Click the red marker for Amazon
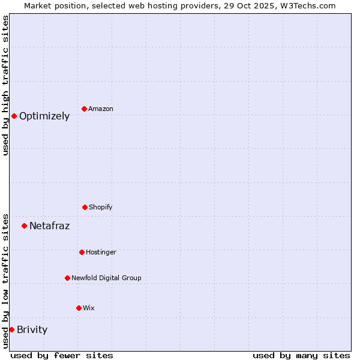(x=84, y=109)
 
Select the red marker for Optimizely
(x=14, y=116)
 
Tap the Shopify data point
(x=85, y=207)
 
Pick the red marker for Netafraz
(x=24, y=226)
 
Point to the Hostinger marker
(x=82, y=252)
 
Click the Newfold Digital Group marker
(x=67, y=278)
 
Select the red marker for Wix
(x=79, y=308)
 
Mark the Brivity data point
(x=11, y=329)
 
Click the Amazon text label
(x=101, y=109)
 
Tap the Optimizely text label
(x=44, y=116)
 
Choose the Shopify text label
(x=101, y=207)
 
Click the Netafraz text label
(x=49, y=226)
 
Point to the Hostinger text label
(x=101, y=252)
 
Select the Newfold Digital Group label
(x=106, y=278)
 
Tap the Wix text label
(x=89, y=308)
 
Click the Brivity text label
(x=32, y=329)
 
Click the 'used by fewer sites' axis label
(x=62, y=355)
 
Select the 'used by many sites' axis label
(x=301, y=355)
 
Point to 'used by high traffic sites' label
(x=5, y=85)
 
